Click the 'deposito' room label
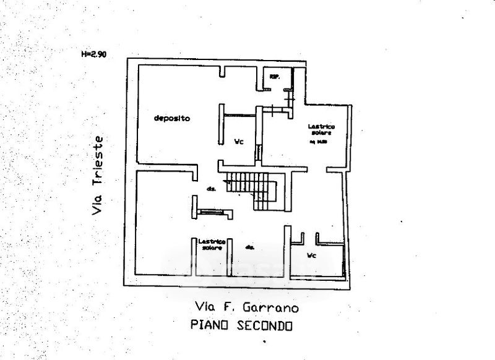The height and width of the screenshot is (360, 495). [172, 118]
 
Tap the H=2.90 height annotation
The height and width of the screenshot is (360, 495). [94, 54]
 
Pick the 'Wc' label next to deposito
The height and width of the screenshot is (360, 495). [238, 142]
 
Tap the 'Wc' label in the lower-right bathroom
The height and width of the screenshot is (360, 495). [312, 255]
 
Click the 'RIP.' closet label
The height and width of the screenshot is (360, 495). [273, 77]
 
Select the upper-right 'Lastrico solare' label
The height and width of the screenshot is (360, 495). [321, 130]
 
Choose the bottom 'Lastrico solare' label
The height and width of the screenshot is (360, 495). [212, 244]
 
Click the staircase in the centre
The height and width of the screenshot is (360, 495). [255, 189]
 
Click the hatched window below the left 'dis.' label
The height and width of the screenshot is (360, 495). [212, 212]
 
